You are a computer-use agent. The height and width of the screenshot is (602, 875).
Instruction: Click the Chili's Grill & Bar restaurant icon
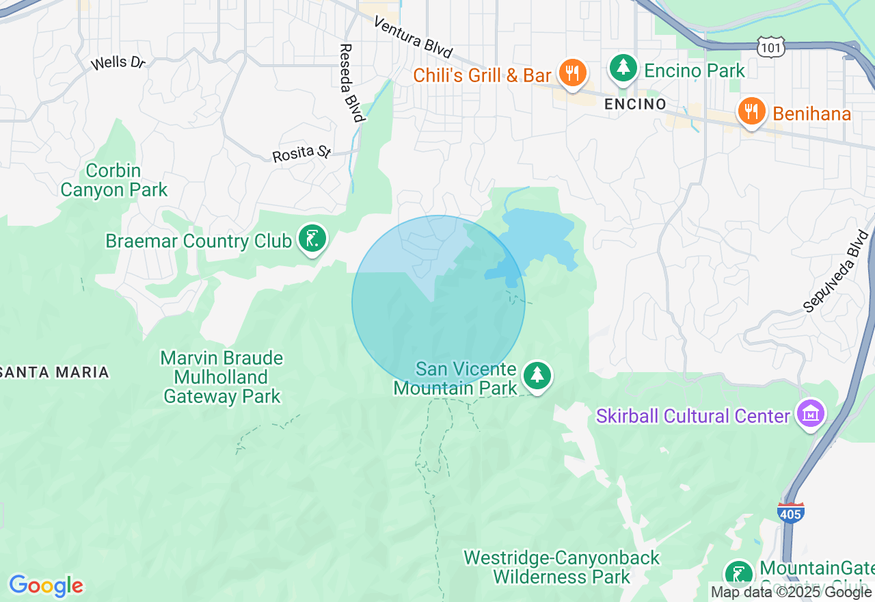click(x=572, y=73)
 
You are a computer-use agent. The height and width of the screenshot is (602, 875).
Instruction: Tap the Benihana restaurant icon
click(x=751, y=112)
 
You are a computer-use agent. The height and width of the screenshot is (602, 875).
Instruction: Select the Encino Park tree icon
click(x=623, y=68)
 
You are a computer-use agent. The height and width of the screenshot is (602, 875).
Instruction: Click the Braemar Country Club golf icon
click(x=312, y=239)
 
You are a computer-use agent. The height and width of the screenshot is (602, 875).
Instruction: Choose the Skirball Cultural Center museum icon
click(x=811, y=415)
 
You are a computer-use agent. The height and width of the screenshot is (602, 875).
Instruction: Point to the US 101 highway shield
click(x=770, y=47)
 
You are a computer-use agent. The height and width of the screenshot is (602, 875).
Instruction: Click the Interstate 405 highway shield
click(x=791, y=512)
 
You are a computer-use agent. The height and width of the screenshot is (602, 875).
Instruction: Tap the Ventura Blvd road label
click(x=413, y=37)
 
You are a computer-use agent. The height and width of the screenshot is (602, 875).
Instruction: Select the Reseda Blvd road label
click(x=350, y=83)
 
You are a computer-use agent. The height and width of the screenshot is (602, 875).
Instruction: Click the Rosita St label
click(x=301, y=154)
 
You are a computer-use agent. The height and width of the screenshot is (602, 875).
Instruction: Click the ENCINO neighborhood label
click(x=635, y=104)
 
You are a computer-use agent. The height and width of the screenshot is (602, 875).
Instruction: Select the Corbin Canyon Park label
click(x=113, y=180)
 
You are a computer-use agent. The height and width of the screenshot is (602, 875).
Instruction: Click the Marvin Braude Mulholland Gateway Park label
click(x=221, y=377)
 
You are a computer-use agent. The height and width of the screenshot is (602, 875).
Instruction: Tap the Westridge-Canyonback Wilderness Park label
click(x=561, y=567)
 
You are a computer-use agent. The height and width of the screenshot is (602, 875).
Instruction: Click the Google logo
click(x=46, y=586)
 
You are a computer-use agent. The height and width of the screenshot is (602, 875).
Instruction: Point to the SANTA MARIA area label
click(x=55, y=372)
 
